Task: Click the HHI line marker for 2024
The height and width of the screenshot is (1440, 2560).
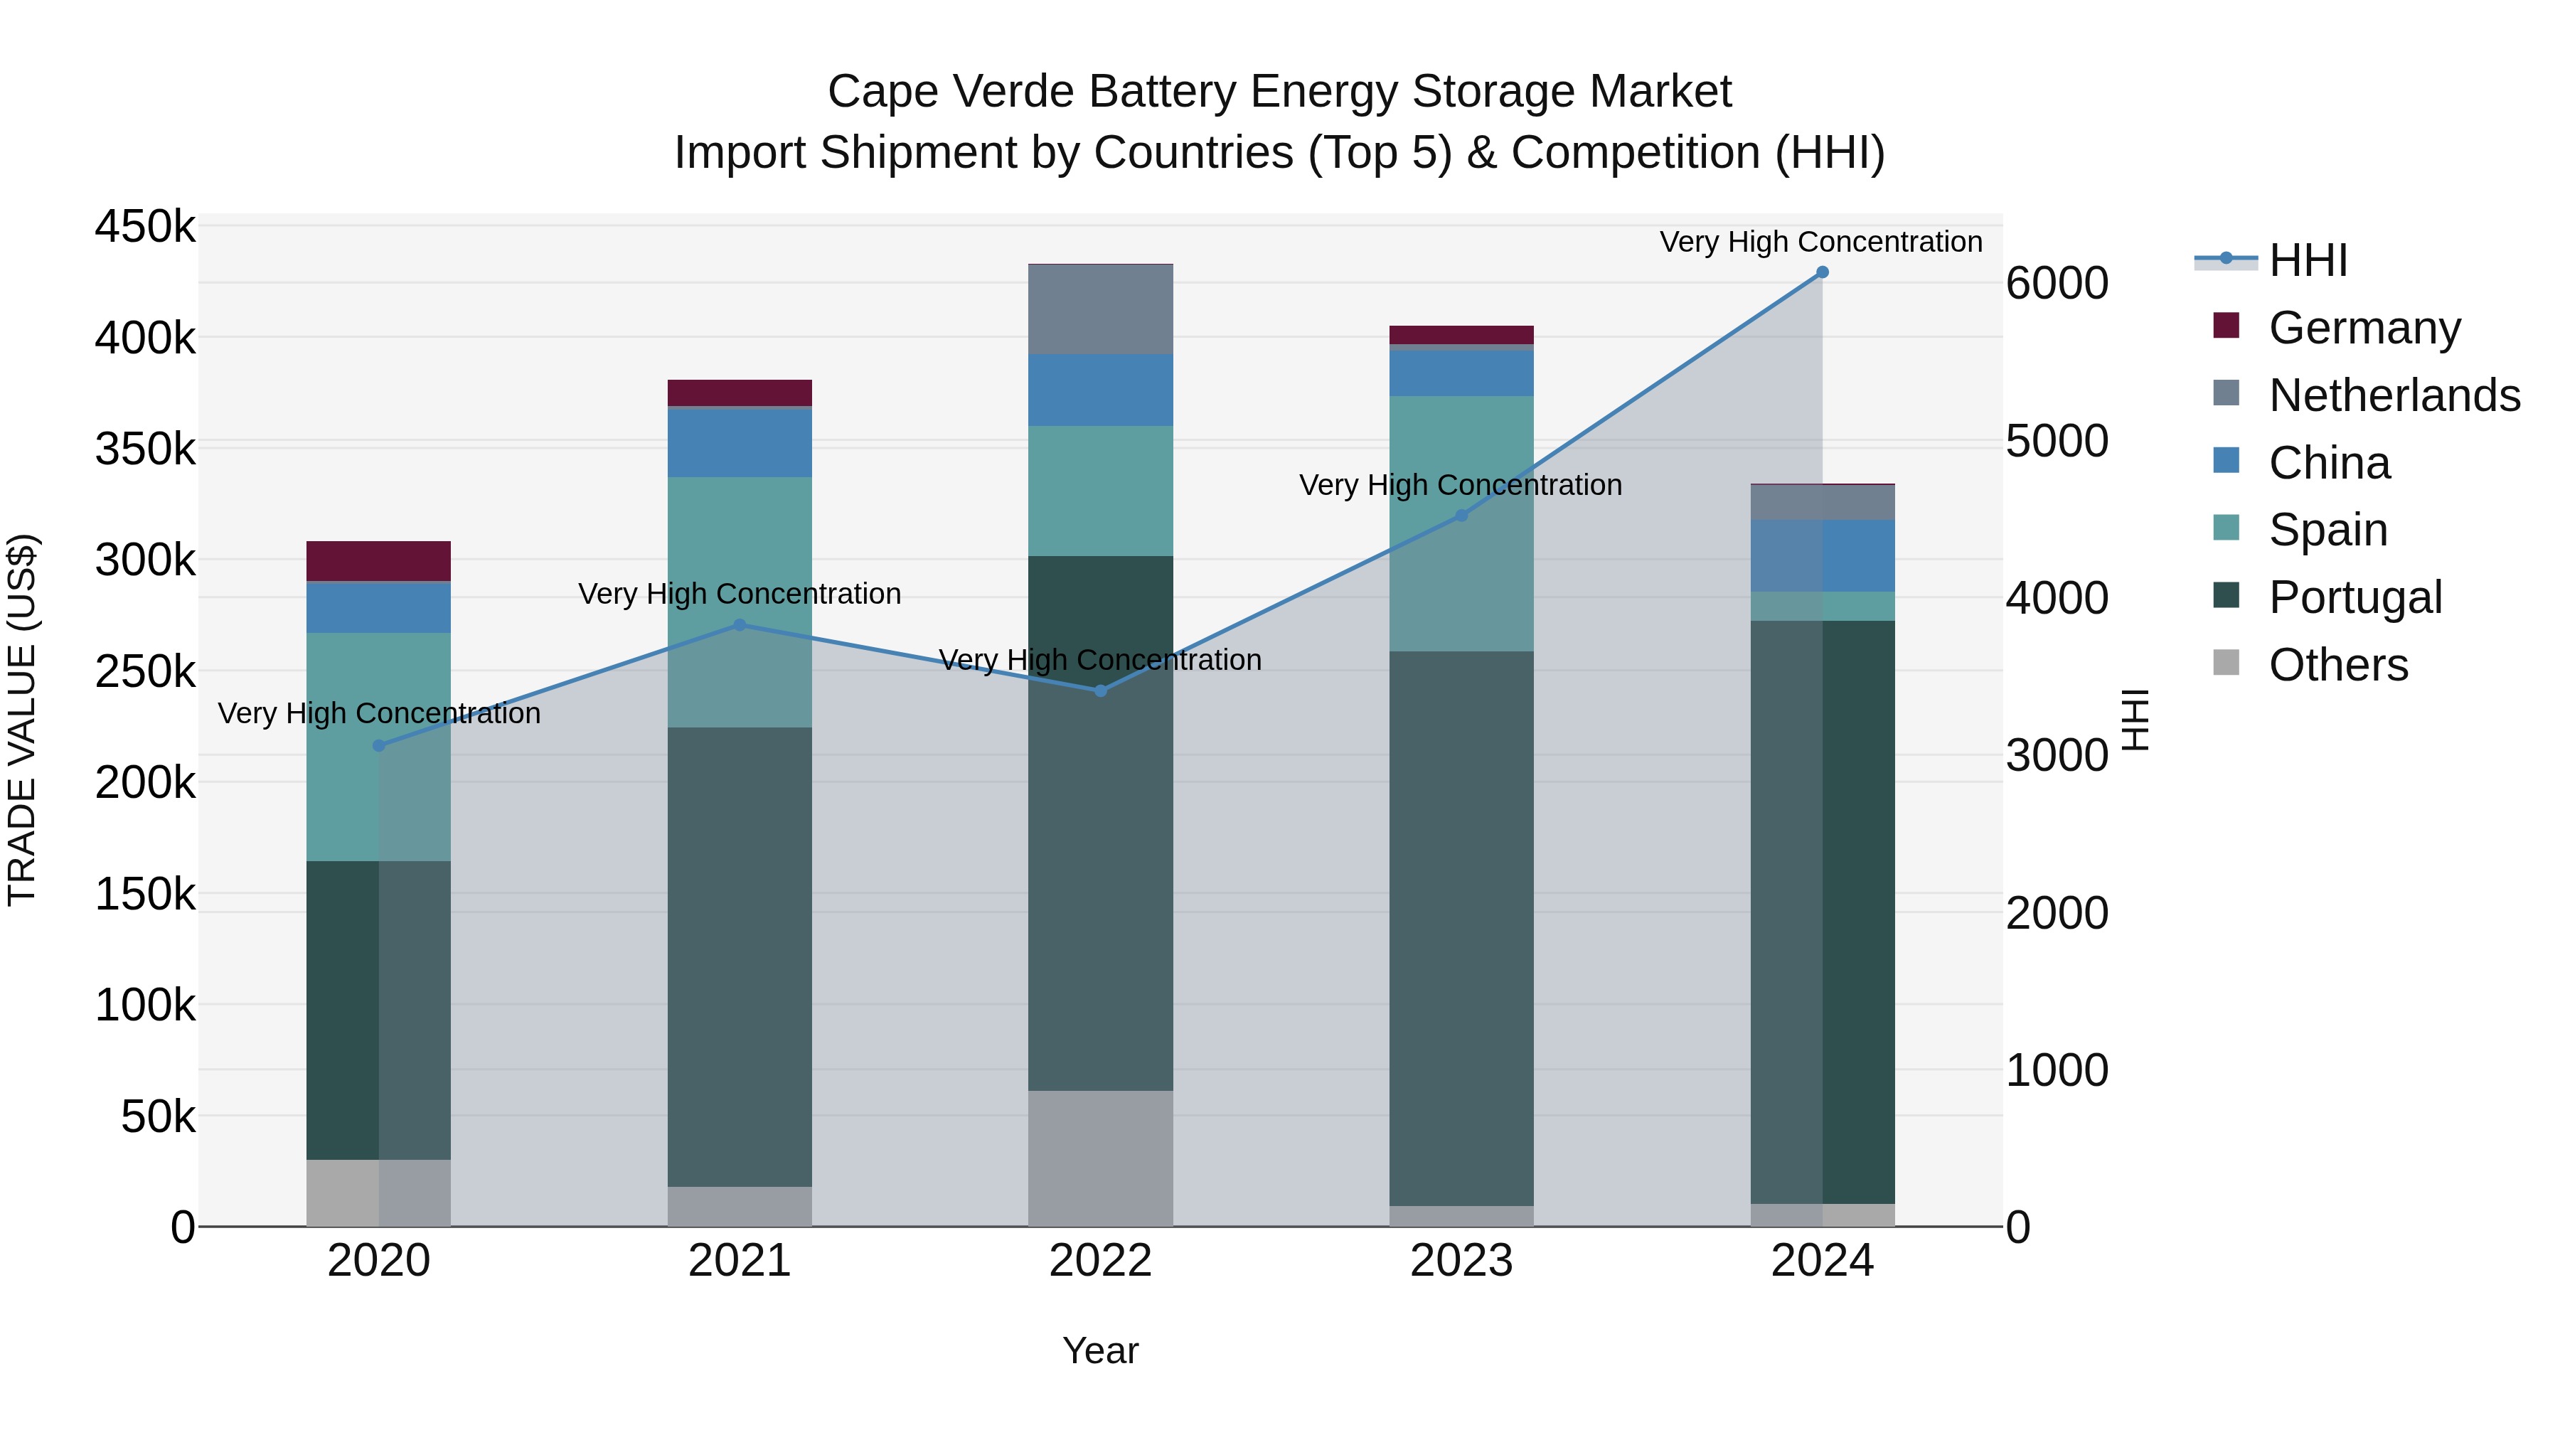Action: tap(1822, 272)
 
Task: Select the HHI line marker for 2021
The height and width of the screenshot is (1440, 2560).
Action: tap(740, 625)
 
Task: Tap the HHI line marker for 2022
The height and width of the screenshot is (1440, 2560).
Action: tap(1100, 690)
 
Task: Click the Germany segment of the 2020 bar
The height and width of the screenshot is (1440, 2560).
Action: tap(378, 562)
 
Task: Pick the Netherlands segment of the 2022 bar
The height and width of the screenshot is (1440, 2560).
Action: tap(1100, 309)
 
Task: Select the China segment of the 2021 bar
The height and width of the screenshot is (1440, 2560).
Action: tap(740, 442)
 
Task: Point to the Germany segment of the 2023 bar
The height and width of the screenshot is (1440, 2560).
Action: tap(1461, 335)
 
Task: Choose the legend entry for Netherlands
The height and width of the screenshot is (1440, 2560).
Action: tap(2393, 395)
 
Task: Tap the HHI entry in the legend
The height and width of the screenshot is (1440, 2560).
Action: tap(2308, 260)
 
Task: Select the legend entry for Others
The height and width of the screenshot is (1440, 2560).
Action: tap(2337, 665)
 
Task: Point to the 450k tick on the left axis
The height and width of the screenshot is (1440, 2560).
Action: tap(145, 227)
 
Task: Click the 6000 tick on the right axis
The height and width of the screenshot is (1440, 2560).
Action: tap(2055, 283)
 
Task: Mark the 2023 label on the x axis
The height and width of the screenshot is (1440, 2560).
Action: tap(1461, 1261)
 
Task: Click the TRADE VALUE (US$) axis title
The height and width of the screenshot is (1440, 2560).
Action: tap(23, 720)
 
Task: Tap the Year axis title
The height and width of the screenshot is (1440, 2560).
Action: tap(1100, 1350)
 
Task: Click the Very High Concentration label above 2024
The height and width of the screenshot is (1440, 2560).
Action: tap(1820, 242)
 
